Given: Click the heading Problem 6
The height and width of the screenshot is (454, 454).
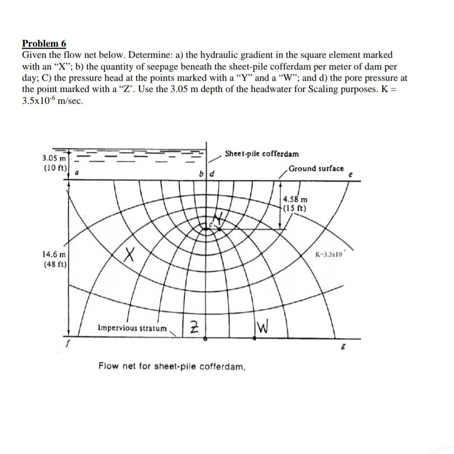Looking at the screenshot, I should point(43,44).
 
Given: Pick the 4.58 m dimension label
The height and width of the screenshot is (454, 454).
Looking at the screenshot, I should point(295,199).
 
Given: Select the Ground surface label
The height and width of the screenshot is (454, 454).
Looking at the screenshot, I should point(316,168).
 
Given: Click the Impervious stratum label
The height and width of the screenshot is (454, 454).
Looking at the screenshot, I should point(132,328).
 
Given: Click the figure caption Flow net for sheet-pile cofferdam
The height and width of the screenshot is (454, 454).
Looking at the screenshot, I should point(171,367).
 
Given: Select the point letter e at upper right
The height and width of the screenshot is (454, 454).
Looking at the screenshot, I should point(350,174).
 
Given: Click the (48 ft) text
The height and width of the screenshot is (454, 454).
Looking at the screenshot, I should point(54,265).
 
